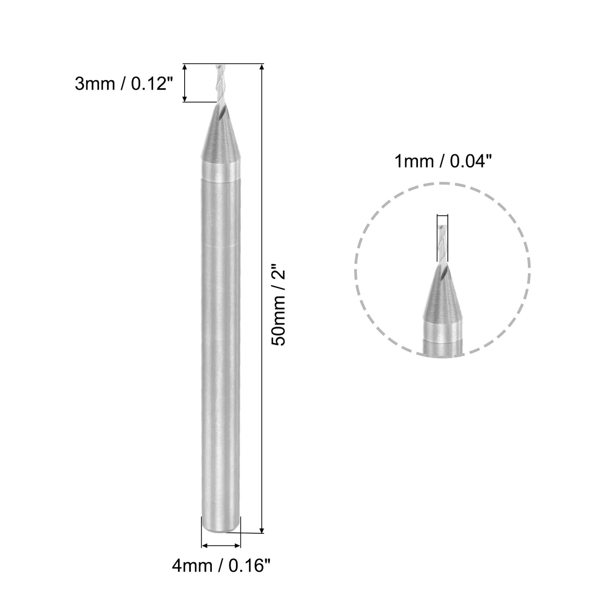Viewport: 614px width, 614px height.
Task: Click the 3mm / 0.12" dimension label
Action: point(121,83)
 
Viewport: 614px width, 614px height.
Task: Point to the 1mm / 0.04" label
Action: point(441,162)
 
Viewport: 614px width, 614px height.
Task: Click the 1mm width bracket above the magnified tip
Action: point(443,215)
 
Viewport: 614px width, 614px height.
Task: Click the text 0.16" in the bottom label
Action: point(248,567)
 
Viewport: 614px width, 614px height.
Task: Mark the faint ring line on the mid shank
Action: point(221,246)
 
